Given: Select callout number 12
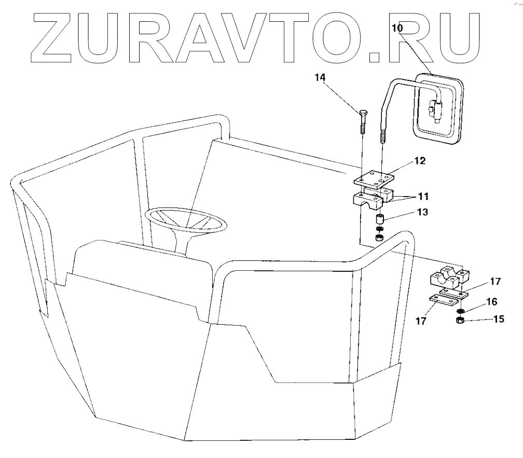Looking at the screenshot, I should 419,161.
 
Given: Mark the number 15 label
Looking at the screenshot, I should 498,319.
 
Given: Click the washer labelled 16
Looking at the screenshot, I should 460,311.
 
